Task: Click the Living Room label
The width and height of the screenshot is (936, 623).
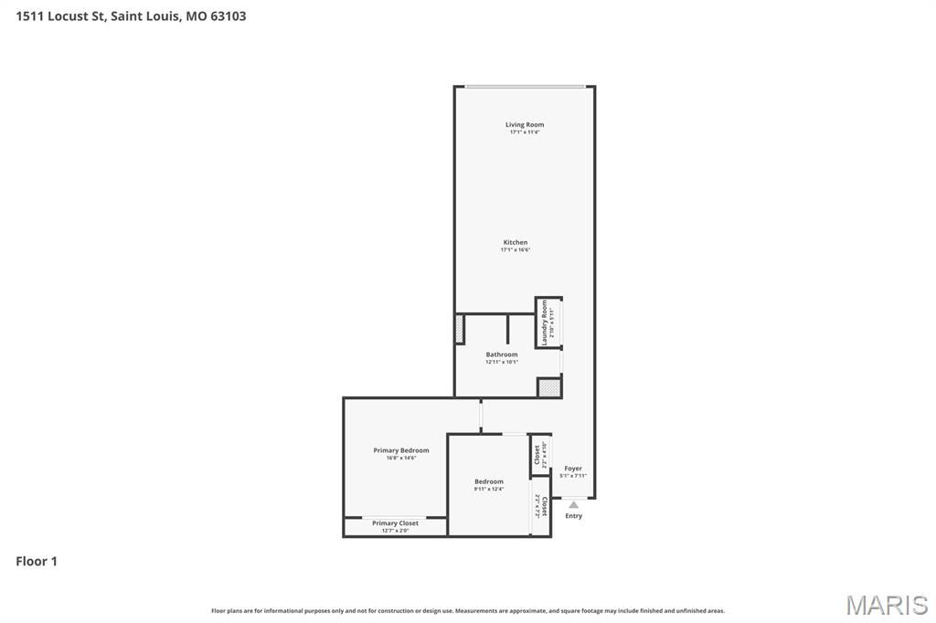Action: click(x=525, y=124)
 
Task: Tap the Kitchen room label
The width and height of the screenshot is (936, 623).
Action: click(x=516, y=242)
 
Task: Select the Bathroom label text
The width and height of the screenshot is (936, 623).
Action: click(x=502, y=354)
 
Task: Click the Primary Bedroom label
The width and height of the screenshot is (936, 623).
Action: click(x=400, y=450)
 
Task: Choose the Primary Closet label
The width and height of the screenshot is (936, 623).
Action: click(x=395, y=523)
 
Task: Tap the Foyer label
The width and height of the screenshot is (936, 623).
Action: click(x=573, y=469)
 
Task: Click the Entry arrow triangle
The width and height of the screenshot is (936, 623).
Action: click(x=573, y=504)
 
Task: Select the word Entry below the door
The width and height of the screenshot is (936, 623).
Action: click(x=573, y=516)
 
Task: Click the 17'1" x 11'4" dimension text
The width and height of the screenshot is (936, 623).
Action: click(x=525, y=132)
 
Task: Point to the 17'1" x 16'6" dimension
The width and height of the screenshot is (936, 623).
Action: click(x=516, y=250)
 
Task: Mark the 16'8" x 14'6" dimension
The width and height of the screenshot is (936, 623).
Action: click(x=400, y=458)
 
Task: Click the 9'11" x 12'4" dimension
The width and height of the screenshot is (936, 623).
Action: click(x=489, y=490)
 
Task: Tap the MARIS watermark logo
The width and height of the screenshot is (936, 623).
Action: click(x=887, y=605)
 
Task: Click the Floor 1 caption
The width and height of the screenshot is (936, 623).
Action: click(x=37, y=561)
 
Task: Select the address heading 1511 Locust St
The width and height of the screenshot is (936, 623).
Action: click(x=131, y=16)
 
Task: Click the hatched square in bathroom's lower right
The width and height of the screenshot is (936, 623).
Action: click(x=548, y=388)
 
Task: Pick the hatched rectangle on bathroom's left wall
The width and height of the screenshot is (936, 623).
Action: click(x=460, y=329)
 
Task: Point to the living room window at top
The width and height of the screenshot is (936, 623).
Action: click(x=524, y=87)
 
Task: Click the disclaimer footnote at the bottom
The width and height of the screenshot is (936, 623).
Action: click(x=468, y=610)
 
